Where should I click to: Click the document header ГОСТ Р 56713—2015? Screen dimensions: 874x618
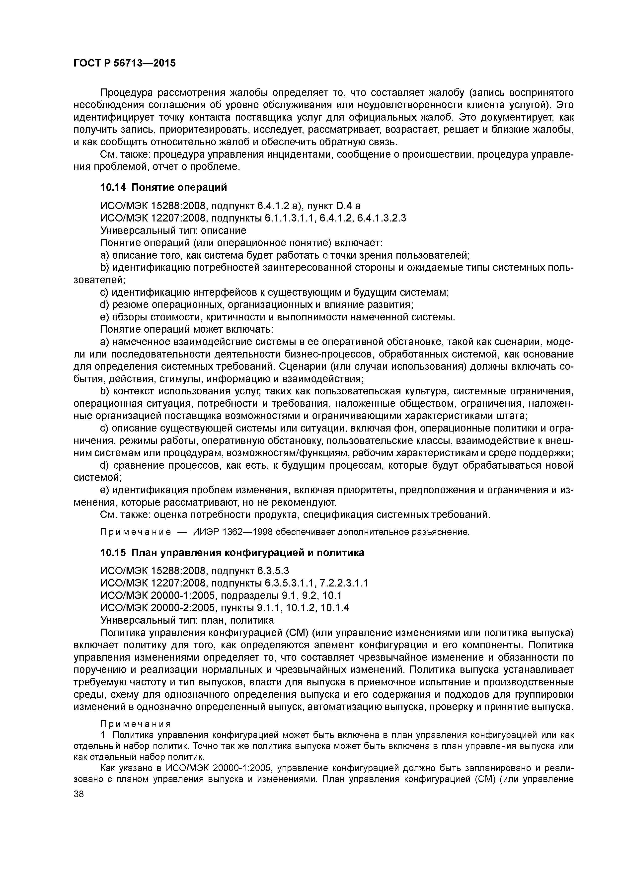click(x=125, y=63)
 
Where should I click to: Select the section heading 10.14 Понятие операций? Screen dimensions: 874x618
click(x=163, y=187)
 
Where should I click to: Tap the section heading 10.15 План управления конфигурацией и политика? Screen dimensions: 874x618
click(x=232, y=552)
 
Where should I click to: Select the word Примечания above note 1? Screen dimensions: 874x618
click(x=136, y=723)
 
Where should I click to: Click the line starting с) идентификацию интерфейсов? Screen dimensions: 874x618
click(x=274, y=292)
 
